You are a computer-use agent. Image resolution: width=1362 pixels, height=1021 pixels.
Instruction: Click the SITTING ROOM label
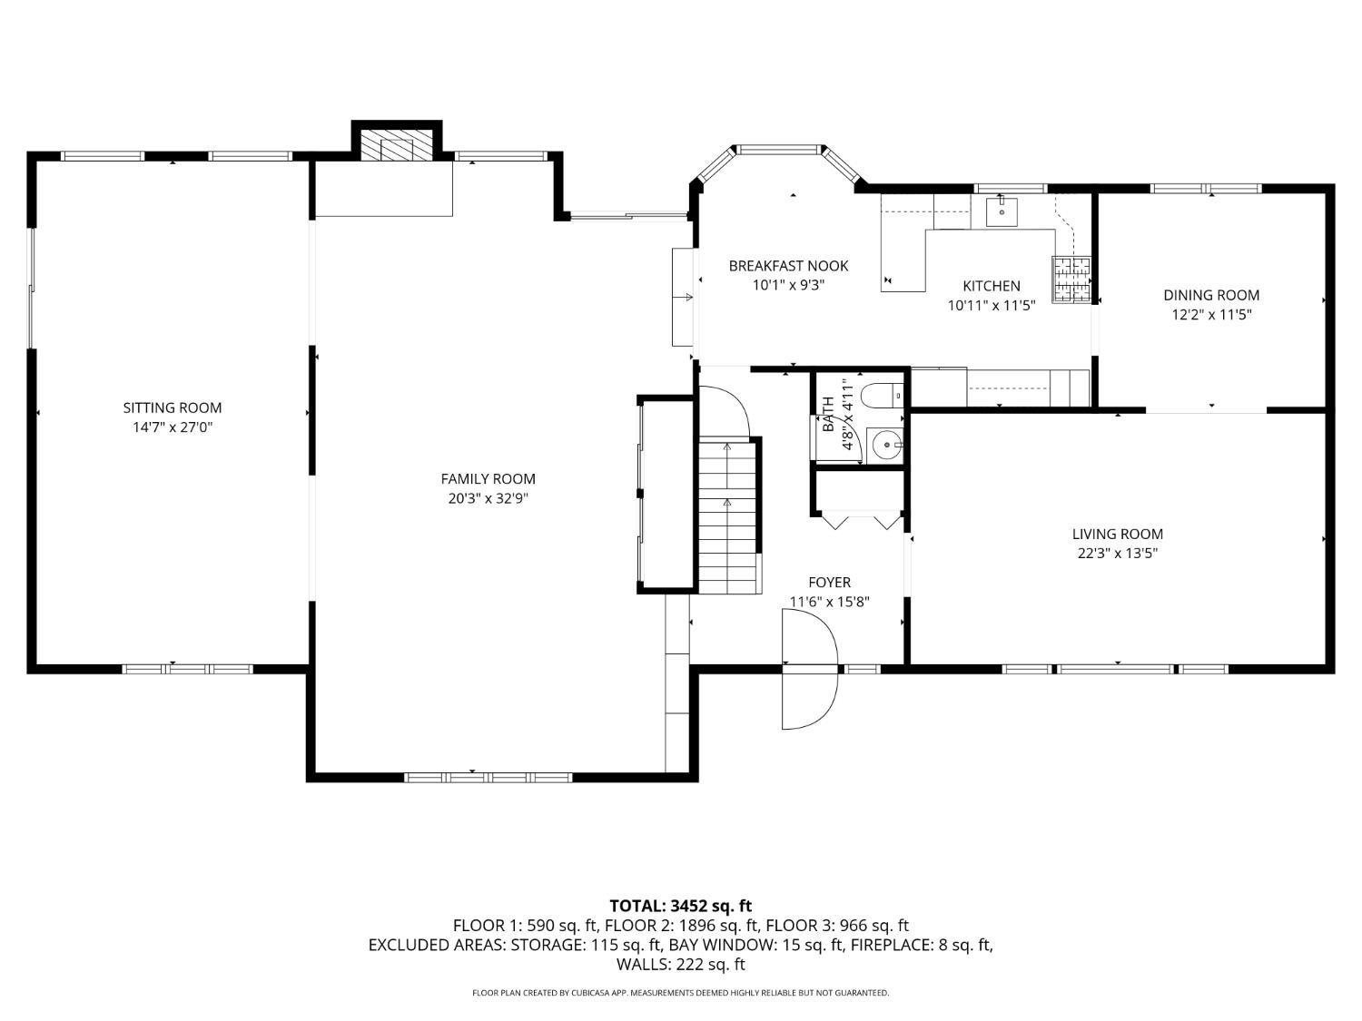coord(172,407)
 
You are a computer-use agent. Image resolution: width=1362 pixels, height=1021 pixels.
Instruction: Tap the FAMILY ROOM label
coord(488,478)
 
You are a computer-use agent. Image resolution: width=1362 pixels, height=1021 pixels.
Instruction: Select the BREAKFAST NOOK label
coord(788,266)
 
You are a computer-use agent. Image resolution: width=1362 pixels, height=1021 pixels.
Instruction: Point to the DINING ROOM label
coord(1211,295)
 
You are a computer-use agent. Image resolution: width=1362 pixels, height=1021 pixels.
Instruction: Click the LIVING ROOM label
coord(1118,534)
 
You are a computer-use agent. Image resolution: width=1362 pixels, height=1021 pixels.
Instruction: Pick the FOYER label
coord(830,582)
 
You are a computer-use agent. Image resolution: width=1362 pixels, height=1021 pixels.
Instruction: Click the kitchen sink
coord(1002,211)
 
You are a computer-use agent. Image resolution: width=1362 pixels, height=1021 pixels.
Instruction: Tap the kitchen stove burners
coord(1071,280)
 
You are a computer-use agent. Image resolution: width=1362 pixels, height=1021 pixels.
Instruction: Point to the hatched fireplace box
coord(388,147)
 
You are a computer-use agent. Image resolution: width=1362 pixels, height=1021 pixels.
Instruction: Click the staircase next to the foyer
coord(730,515)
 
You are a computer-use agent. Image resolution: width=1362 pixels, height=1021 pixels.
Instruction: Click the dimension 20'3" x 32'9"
coord(488,498)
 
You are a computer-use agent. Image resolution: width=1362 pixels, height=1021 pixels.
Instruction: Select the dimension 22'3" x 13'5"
coord(1118,553)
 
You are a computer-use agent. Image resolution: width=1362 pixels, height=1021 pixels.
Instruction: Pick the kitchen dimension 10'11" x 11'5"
coord(992,305)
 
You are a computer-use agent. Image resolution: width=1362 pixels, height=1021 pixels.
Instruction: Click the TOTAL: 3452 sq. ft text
coord(681,906)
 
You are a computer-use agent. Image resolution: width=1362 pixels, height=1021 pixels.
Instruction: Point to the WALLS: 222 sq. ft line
coord(681,964)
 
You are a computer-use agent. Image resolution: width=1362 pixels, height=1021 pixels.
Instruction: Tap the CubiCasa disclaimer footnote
coord(681,993)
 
